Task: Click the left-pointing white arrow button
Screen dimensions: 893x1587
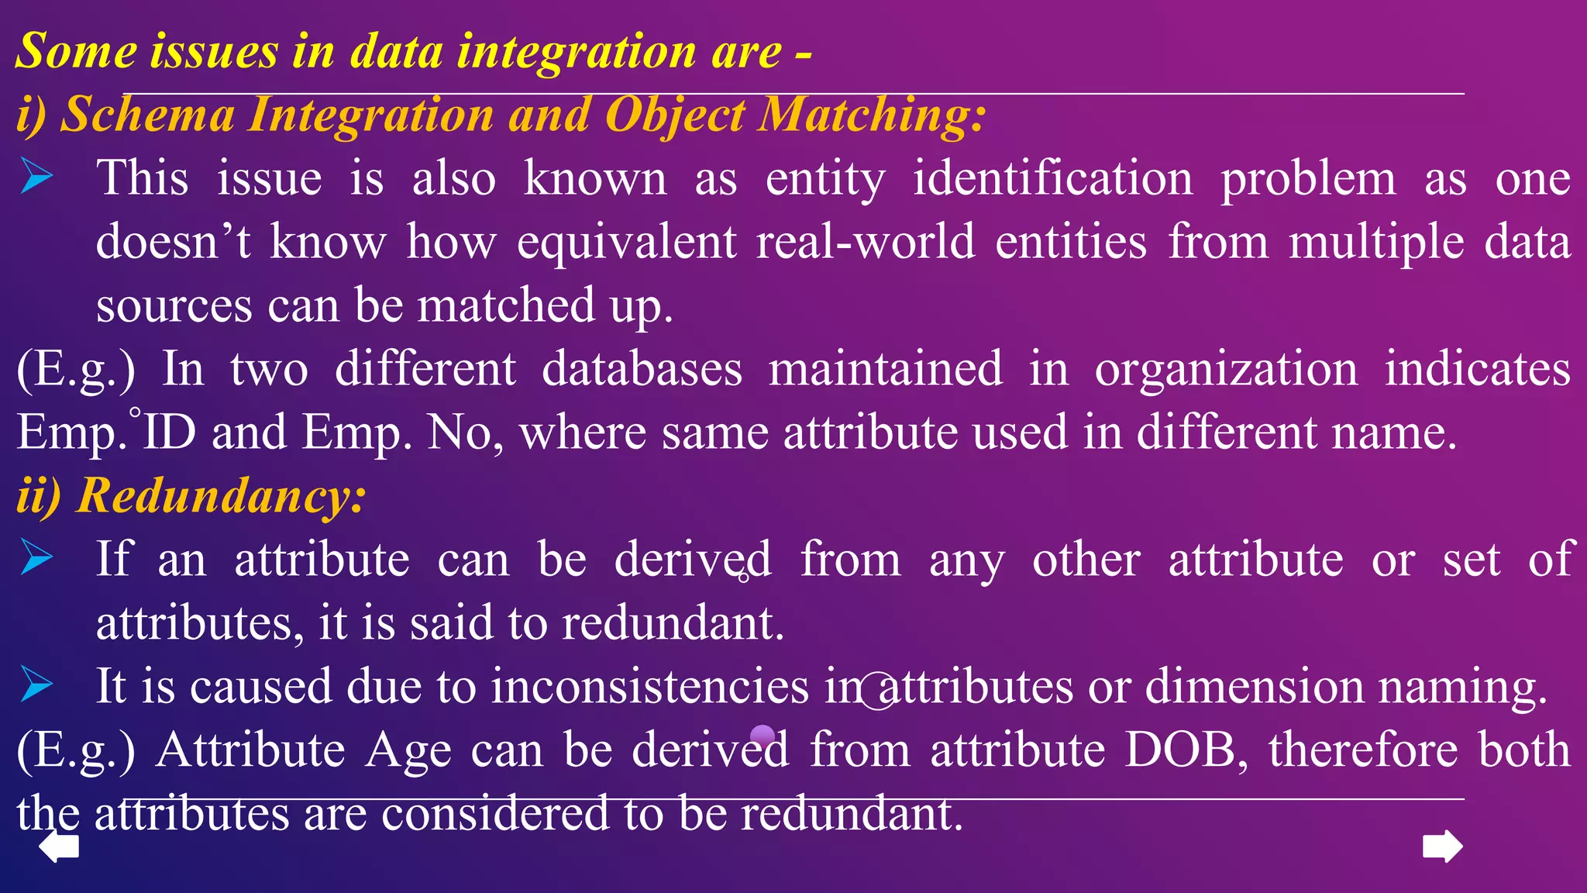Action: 59,846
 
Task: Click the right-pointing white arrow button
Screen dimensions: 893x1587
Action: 1443,846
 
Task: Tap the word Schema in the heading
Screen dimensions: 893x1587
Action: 148,115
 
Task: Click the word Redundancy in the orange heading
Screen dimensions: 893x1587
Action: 220,495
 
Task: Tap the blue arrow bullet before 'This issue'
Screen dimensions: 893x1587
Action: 36,176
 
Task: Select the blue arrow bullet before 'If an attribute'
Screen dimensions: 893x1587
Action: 36,557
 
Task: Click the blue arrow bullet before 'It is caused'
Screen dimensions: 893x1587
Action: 36,684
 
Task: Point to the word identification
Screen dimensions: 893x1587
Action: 1053,178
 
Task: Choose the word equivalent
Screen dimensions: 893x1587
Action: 626,242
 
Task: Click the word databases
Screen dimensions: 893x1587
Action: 642,369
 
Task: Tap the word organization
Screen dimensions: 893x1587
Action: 1226,369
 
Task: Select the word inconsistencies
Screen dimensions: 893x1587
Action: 649,686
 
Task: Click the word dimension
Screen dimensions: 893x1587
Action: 1254,686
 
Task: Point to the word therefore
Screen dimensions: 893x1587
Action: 1362,750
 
